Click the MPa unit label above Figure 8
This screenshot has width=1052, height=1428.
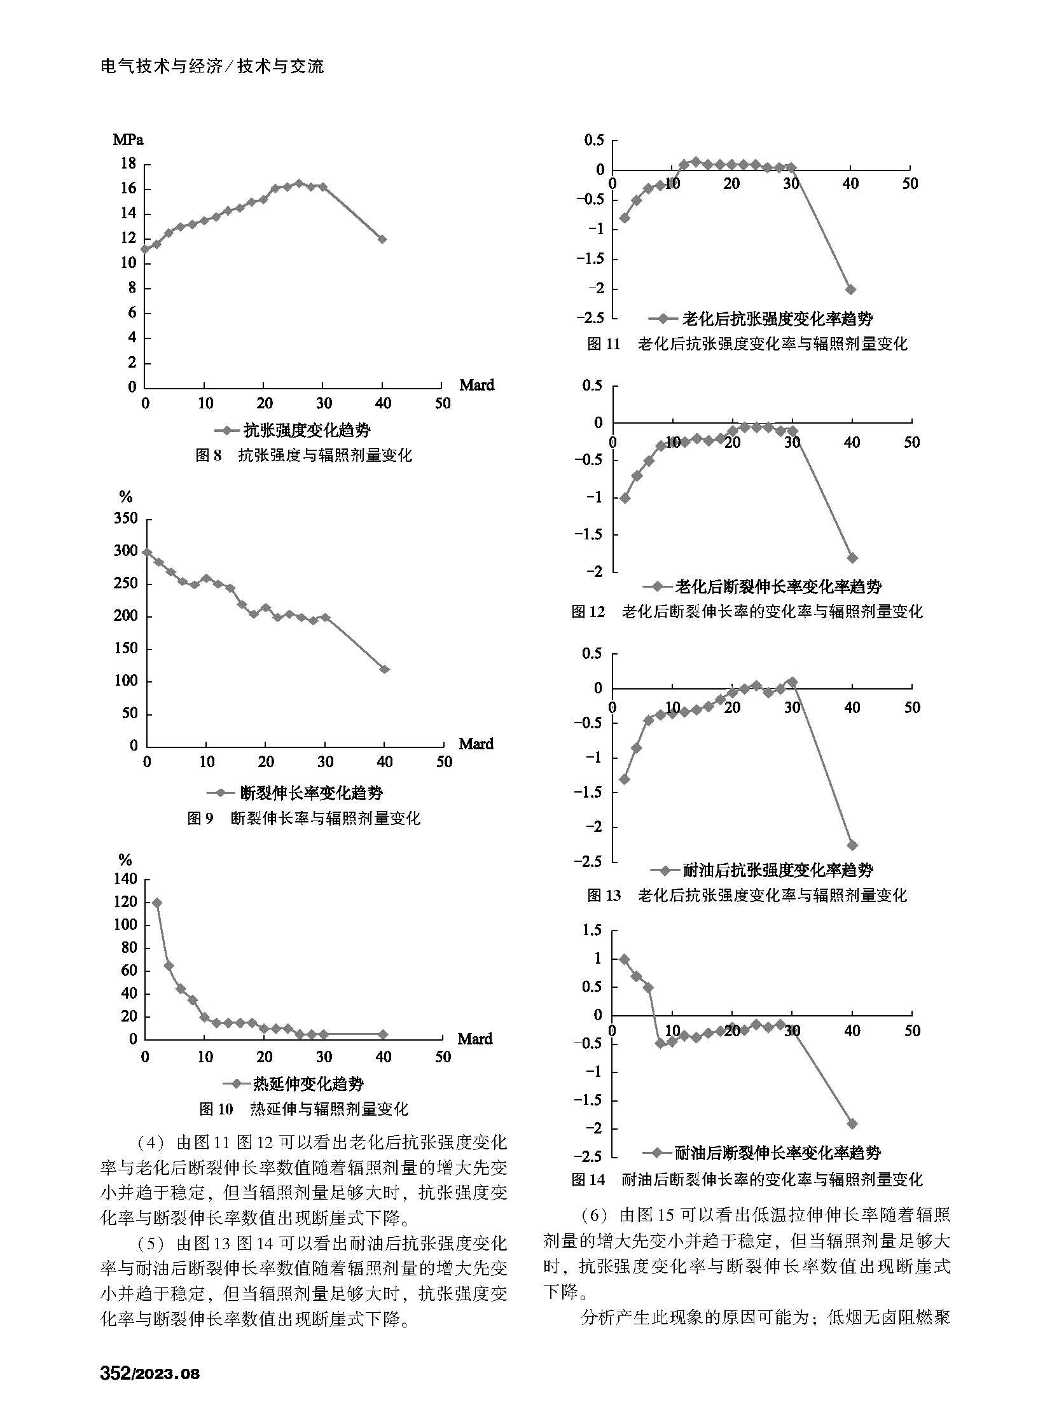pos(128,139)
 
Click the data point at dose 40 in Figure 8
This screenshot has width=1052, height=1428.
pos(382,239)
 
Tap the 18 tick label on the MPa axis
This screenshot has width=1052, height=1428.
pos(128,163)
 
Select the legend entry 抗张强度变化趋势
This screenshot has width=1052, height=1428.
pos(293,430)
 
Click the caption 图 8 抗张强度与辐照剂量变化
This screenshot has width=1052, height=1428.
pos(303,455)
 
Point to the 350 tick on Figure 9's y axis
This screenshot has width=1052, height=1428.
pos(126,518)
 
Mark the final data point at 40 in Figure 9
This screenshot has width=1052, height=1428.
pos(385,669)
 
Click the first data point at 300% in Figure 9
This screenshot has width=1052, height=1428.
pos(147,552)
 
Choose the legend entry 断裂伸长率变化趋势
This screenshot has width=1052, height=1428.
pos(295,793)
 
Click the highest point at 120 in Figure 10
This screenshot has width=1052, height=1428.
pos(156,903)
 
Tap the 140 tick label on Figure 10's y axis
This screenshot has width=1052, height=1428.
pos(125,879)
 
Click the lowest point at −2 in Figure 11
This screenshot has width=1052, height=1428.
pos(851,289)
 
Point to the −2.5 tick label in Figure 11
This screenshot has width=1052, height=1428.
pos(590,318)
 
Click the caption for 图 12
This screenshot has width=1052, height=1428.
pos(747,611)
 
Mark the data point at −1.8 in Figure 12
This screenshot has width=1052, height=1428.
pos(853,558)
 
